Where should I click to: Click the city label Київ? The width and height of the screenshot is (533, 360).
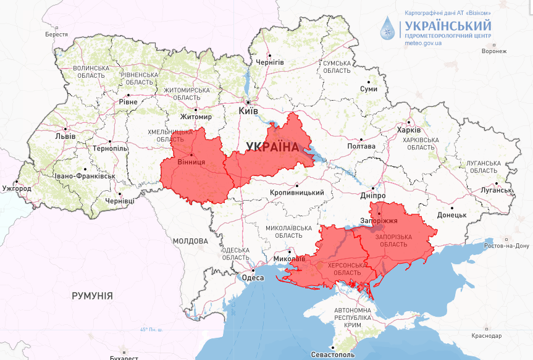pos(248,111)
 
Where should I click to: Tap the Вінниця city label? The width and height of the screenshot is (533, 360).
pos(191,163)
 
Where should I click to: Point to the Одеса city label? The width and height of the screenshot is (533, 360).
pos(253,278)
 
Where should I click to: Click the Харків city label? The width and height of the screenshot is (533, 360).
pos(409,130)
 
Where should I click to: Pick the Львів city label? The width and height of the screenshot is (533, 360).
pos(65,136)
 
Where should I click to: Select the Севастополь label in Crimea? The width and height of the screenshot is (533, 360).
pos(333,355)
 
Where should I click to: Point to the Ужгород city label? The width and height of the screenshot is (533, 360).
pos(17,188)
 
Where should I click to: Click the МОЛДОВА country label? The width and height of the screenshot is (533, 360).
pos(190,241)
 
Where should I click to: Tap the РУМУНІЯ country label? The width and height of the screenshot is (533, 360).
pos(92,296)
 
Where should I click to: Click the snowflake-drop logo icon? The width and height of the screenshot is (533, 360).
pos(387,28)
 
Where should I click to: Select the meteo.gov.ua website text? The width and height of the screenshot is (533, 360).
pos(423,43)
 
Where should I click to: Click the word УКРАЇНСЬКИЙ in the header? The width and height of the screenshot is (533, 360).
pos(447,25)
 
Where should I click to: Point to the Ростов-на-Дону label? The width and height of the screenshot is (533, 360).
pos(506,246)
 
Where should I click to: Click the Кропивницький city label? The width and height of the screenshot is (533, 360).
pos(297,193)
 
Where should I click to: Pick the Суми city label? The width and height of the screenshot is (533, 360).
pos(368,89)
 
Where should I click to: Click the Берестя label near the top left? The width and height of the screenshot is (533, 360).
pos(56,35)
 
